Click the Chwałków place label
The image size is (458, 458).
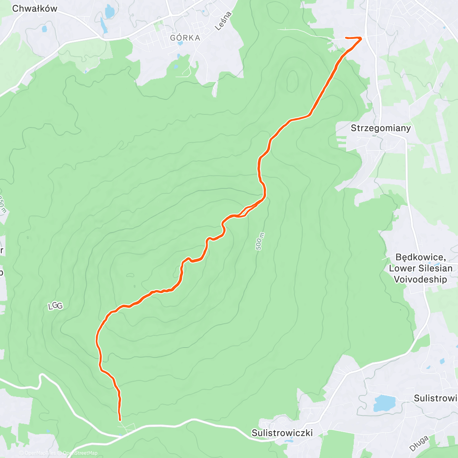pos(35,8)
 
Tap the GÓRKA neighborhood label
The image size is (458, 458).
pos(185,38)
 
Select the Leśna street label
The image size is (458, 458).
pos(223,21)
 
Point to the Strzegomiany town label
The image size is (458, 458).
pos(381,128)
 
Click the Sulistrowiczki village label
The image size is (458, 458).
pos(282,433)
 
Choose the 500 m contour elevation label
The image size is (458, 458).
pos(260,241)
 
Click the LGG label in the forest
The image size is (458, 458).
pos(55,306)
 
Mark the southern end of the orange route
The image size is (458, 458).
pos(120,420)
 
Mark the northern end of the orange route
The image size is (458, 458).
pos(346,37)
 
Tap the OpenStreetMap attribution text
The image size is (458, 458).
pos(80,453)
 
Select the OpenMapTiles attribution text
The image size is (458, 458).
pos(40,453)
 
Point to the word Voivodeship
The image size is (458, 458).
pos(420,279)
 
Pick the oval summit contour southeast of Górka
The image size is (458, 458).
pos(292,82)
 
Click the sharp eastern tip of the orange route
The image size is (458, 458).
pos(361,38)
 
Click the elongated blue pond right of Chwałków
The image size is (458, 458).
pos(104,26)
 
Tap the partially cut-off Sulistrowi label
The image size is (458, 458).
pos(435,398)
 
